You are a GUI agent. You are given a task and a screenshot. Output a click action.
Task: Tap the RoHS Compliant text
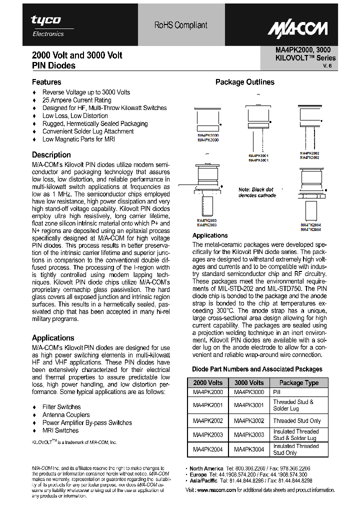pos(180,25)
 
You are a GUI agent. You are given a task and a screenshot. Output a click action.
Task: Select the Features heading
pos(46,82)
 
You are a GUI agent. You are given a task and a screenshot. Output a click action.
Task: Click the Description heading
pos(51,155)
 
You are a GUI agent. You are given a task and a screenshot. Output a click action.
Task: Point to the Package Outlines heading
pos(244,82)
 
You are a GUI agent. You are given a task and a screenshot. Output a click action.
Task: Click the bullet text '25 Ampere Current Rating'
pos(77,100)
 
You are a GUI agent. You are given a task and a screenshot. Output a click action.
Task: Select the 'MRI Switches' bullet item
pos(60,430)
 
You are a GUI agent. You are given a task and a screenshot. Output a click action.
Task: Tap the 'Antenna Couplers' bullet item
pos(66,415)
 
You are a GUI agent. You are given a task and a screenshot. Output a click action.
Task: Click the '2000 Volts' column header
pos(208,383)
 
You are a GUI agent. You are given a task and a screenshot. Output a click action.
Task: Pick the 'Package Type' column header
pos(298,383)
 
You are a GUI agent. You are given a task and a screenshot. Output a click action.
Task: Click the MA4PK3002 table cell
pos(248,421)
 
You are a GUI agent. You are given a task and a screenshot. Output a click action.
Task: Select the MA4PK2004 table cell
pos(208,449)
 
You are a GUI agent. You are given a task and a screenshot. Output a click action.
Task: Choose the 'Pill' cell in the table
pos(277,392)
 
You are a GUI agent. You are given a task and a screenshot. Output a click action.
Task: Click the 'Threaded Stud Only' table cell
pos(297,421)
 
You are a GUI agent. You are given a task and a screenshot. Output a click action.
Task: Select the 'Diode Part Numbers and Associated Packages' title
pos(257,369)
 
